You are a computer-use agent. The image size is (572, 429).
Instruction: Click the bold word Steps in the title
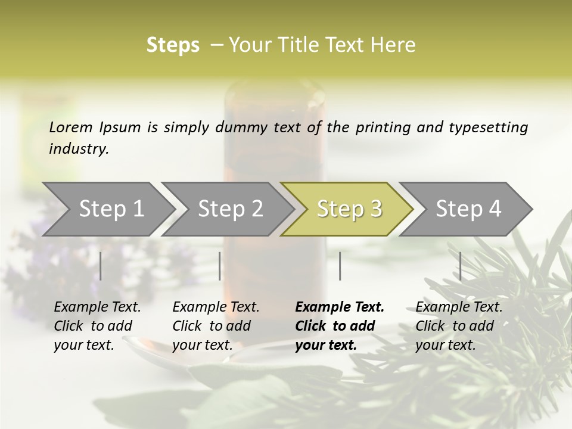point(173,45)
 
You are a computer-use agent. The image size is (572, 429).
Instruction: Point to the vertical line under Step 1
point(101,266)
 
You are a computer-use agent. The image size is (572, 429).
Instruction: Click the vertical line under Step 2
point(220,266)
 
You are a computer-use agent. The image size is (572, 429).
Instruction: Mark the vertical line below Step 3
point(340,266)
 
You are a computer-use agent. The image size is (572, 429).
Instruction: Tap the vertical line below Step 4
point(461,266)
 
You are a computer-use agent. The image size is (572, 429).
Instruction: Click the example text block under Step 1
point(97,326)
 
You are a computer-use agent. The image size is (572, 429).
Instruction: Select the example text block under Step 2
point(216,326)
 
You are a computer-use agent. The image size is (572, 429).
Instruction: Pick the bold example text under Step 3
point(340,326)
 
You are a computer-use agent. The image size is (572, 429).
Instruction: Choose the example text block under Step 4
point(459,326)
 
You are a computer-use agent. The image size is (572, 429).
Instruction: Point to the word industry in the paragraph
point(79,148)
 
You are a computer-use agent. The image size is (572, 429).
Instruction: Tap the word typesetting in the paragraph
point(492,127)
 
